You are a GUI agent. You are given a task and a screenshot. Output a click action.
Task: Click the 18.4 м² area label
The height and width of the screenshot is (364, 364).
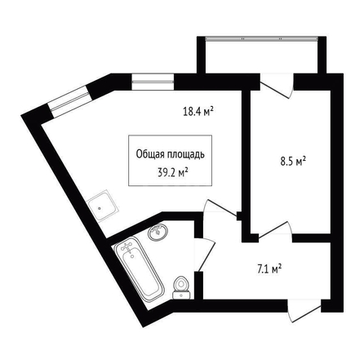198,111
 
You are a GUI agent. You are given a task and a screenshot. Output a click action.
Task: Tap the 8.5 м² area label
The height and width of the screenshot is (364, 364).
293,162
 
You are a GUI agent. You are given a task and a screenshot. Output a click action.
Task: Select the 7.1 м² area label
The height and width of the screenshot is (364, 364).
269,269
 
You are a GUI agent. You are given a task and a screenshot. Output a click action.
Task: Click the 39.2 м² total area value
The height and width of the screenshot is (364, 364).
173,172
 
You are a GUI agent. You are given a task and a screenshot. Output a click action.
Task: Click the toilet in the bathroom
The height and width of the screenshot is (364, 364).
181,288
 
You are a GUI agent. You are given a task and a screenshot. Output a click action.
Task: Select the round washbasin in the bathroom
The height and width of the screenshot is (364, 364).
158,232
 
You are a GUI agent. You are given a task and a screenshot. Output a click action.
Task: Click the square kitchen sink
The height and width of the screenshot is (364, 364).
104,206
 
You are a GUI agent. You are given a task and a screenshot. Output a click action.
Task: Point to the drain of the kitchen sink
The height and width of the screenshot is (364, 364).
100,208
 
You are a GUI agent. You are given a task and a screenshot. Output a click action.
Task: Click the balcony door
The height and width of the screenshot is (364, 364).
277,86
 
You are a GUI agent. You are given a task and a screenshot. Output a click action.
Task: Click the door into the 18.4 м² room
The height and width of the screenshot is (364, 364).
220,209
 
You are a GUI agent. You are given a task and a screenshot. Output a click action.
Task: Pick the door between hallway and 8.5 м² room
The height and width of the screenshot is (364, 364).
275,231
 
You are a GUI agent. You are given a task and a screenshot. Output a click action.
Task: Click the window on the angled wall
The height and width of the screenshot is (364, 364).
69,101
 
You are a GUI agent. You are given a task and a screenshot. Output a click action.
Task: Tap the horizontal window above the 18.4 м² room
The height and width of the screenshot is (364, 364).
153,82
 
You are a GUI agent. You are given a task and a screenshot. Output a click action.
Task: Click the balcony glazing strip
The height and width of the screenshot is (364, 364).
261,38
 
